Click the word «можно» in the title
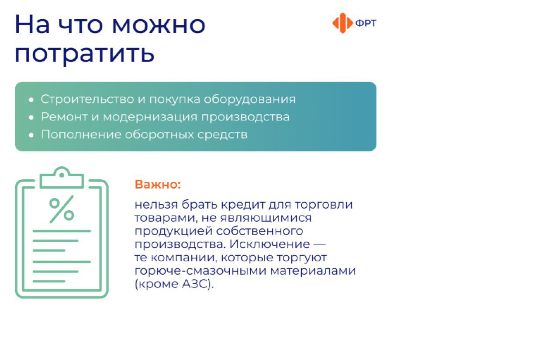coord(159,25)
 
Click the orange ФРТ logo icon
coord(343,23)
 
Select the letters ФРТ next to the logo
coord(366,23)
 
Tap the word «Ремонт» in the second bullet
coord(64,117)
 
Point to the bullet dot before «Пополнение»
coord(31,135)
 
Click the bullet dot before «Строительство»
coord(31,100)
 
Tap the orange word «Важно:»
coord(158,185)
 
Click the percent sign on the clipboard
coord(62,209)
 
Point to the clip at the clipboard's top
coord(62,177)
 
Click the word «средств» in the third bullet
coord(222,135)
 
